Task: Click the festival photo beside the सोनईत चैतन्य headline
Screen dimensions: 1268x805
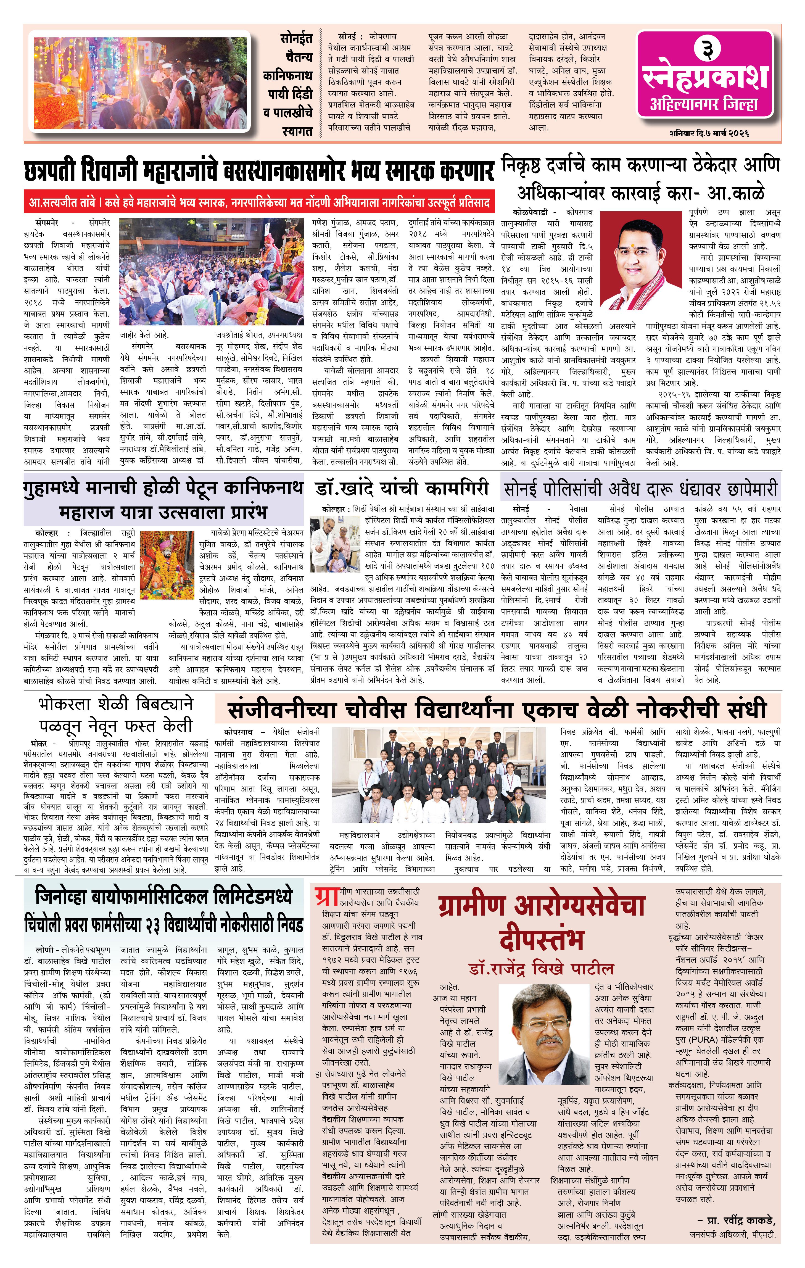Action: (x=140, y=83)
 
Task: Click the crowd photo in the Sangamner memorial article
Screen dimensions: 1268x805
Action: (x=211, y=272)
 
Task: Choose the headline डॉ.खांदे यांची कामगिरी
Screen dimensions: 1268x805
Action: (x=402, y=489)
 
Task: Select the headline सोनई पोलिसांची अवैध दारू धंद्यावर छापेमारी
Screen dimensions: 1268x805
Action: (x=641, y=489)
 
